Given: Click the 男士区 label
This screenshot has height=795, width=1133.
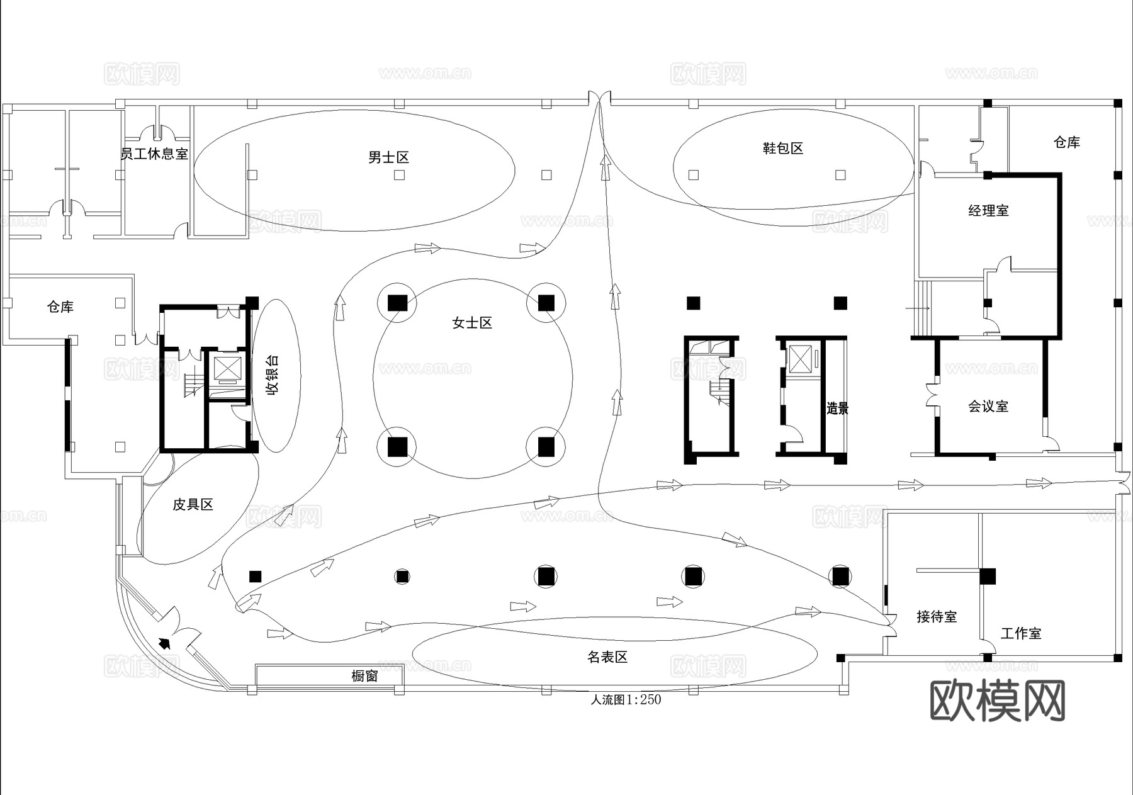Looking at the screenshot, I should [388, 157].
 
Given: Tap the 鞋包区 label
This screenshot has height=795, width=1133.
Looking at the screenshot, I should [783, 149].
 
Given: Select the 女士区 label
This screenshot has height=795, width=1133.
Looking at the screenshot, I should [472, 323].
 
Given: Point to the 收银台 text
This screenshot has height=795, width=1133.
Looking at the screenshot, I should [273, 375].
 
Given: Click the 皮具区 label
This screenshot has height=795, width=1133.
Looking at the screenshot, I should [193, 504].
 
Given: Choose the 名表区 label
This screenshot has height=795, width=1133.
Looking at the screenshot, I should [607, 657].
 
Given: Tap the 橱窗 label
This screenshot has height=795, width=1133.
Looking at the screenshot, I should [364, 676].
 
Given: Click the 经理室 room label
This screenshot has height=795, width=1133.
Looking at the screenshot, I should [988, 211].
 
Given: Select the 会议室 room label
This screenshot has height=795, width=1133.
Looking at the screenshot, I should [988, 407].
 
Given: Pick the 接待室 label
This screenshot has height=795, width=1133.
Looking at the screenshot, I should [937, 617].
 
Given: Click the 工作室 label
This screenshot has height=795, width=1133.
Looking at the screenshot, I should [1021, 633].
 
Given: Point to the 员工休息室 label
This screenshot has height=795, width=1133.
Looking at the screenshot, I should [155, 154].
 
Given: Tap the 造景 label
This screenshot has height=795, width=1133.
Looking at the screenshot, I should [837, 409].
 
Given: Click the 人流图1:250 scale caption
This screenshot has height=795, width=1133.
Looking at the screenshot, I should [626, 699].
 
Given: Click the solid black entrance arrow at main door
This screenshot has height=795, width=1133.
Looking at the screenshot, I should [165, 643].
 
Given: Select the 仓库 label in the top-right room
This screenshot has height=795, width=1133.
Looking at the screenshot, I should [1067, 142].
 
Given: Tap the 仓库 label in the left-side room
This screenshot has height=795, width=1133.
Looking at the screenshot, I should [60, 307].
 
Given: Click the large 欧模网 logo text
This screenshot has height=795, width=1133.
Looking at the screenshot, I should [997, 700].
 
